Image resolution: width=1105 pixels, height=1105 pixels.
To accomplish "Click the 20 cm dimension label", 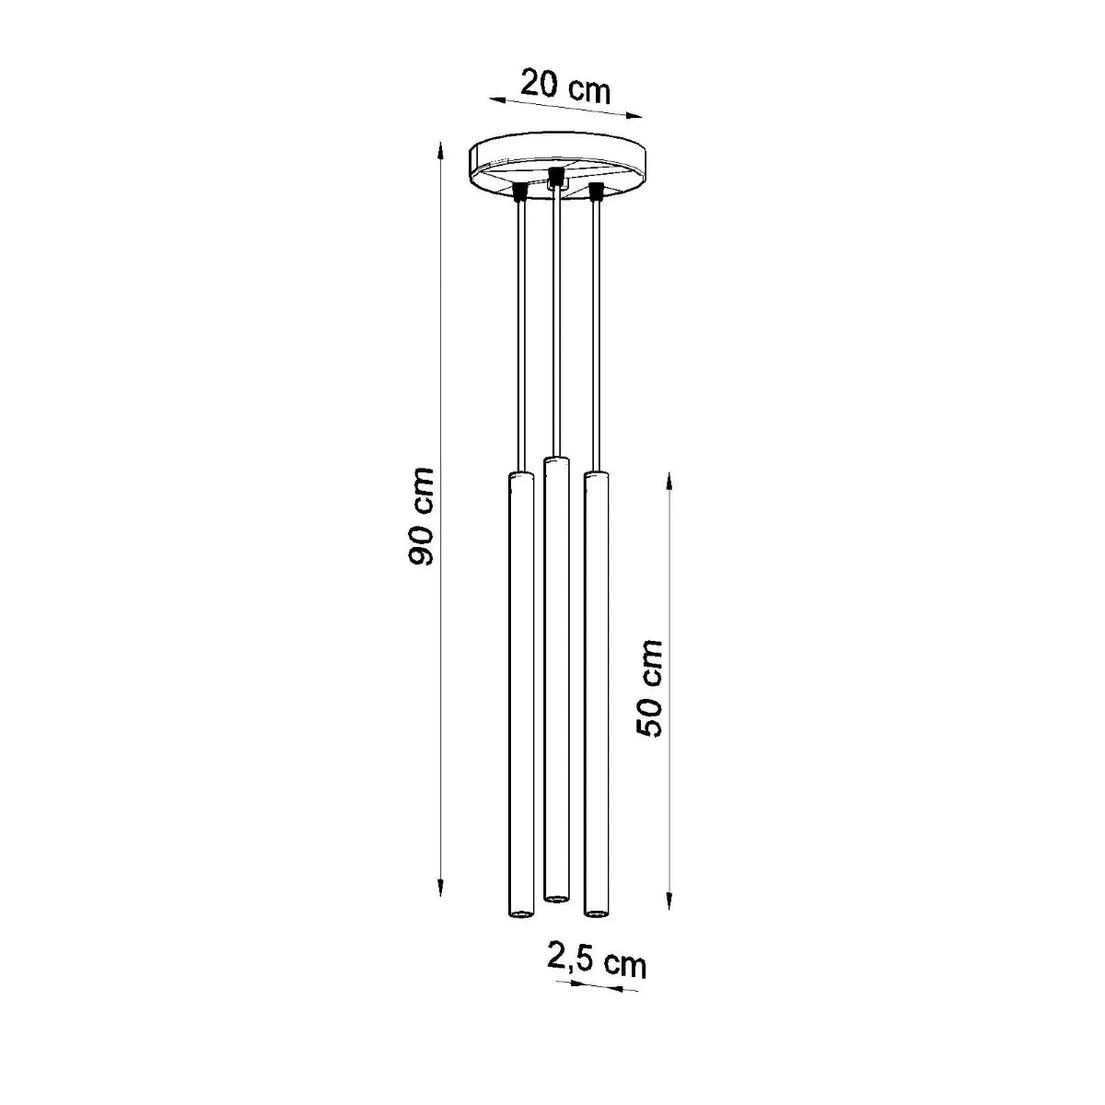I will tap(564, 87).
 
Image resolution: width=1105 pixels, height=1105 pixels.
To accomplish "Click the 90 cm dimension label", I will tap(422, 518).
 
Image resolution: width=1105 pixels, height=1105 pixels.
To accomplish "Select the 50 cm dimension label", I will tap(650, 688).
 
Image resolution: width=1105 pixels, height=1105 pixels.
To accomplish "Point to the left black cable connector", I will tap(520, 192).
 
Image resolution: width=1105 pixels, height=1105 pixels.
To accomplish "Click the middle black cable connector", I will tap(555, 175).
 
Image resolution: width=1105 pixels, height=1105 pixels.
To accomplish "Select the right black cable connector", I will tap(595, 192).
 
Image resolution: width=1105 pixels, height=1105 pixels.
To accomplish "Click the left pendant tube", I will tap(520, 691).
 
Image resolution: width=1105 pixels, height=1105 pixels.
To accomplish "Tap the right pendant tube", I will tap(596, 691).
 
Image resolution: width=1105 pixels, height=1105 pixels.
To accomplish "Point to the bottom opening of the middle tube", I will tap(555, 897).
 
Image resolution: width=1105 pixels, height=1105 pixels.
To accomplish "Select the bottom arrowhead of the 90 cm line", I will tap(442, 890).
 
